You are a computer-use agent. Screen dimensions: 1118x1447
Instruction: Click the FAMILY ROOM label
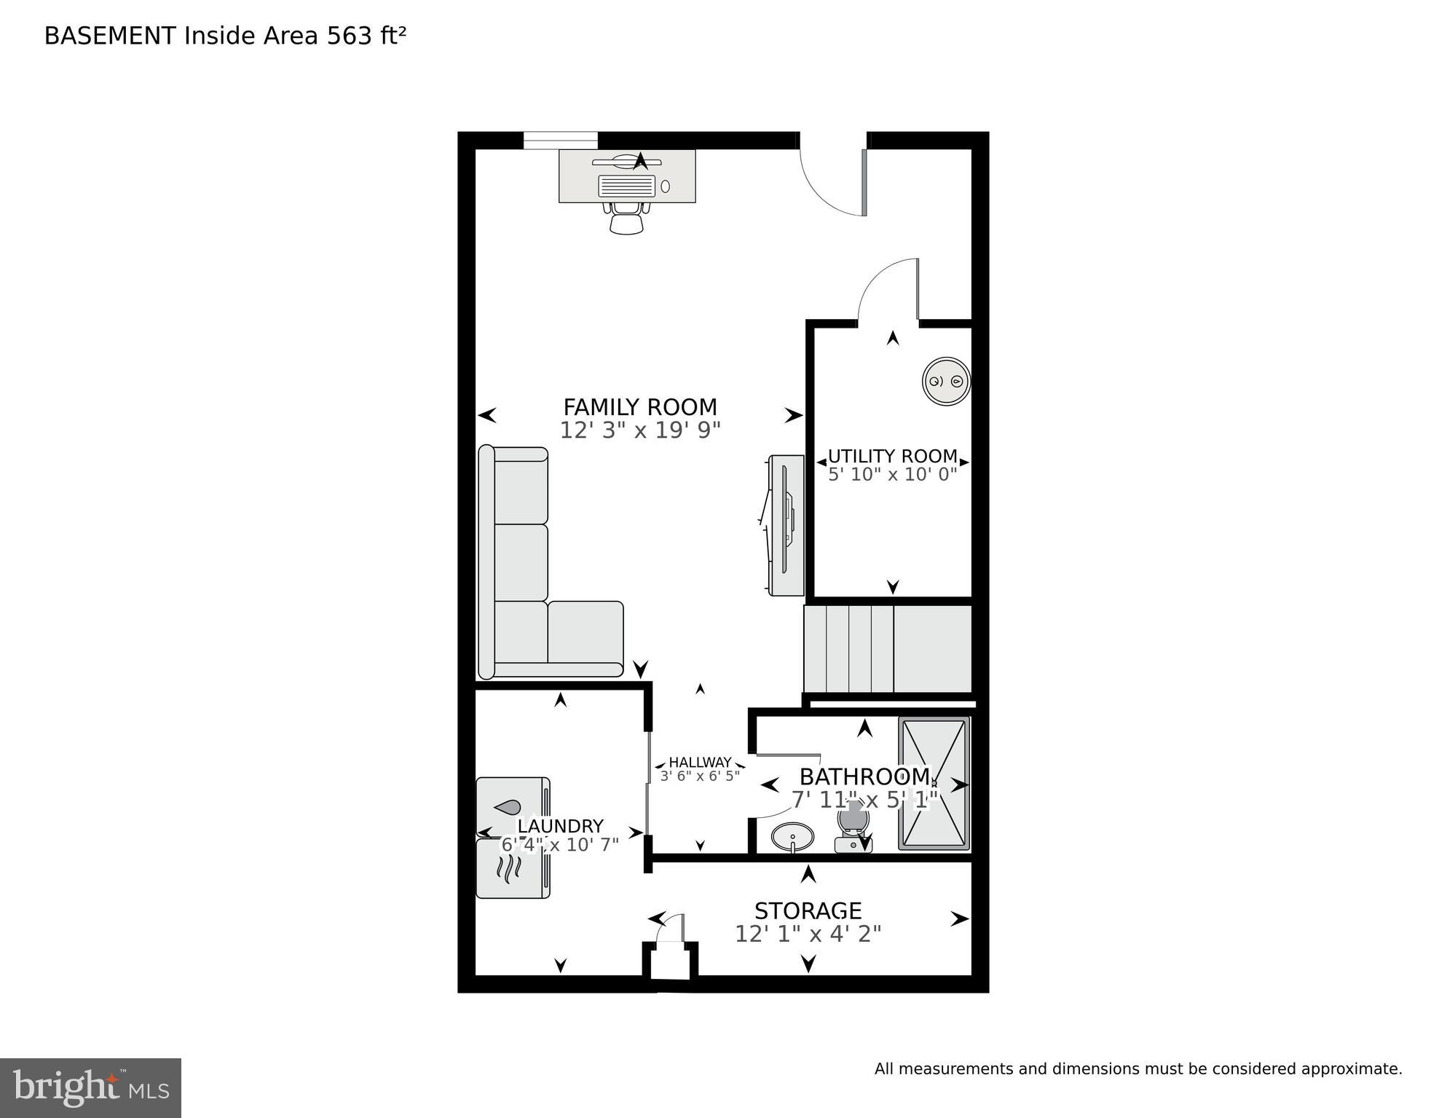640,406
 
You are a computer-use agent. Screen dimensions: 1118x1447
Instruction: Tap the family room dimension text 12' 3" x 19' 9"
640,430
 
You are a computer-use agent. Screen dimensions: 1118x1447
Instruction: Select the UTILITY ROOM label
892,456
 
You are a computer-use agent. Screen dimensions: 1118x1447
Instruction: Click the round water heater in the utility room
946,381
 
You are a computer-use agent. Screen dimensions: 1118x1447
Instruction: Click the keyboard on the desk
626,186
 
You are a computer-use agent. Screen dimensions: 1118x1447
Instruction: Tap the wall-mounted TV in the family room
786,525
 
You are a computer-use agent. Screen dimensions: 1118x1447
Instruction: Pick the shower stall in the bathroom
934,784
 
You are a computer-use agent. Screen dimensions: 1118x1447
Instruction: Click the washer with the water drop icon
513,807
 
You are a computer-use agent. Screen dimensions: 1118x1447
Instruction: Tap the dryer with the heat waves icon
513,868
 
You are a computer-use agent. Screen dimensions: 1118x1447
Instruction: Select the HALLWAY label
700,763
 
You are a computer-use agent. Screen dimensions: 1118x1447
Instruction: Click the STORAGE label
808,910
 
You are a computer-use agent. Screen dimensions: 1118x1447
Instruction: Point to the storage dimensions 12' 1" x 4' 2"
808,934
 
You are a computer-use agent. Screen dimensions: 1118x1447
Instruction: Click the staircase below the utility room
887,649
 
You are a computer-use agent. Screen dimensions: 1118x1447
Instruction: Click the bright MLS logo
90,1087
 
